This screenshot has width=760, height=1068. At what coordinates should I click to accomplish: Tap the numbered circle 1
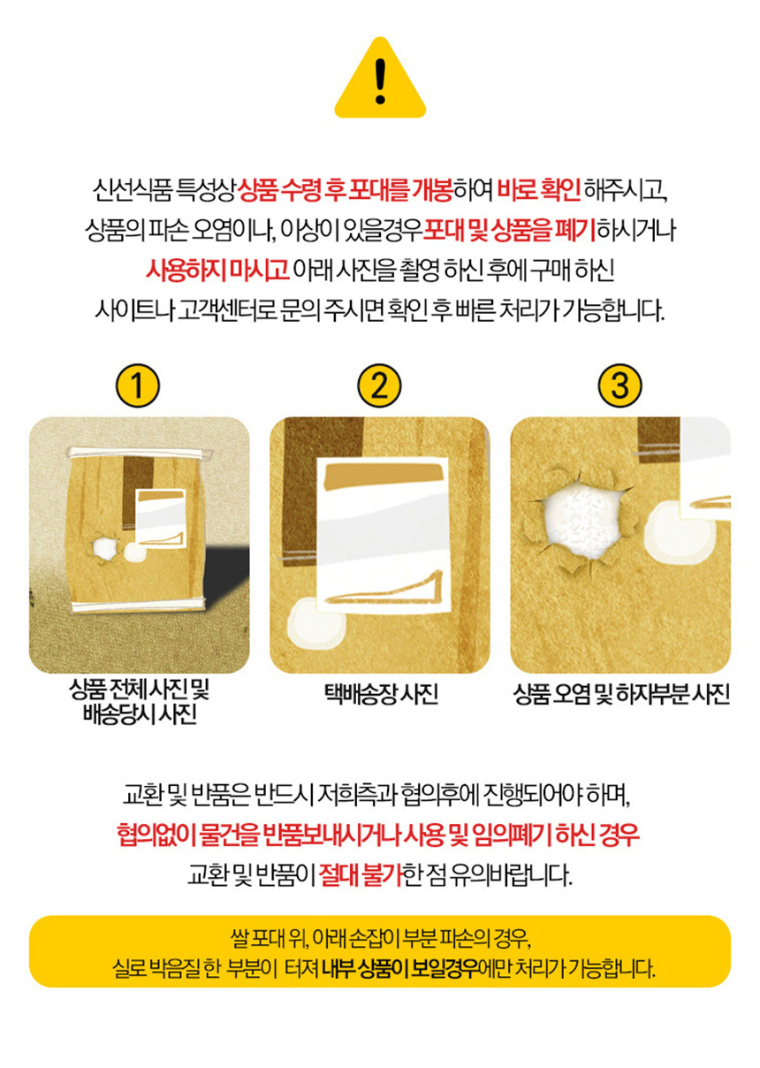pos(138,385)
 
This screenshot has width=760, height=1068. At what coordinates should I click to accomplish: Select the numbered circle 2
pos(379,385)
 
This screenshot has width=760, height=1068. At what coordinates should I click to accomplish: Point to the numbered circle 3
pos(619,385)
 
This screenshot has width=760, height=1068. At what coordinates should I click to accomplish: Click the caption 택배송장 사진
pos(381,694)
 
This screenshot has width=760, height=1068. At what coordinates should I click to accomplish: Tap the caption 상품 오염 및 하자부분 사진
pos(621,694)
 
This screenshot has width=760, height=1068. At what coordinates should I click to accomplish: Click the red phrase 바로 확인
pos(539,190)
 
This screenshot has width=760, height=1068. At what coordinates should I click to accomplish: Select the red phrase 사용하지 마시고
pos(217,270)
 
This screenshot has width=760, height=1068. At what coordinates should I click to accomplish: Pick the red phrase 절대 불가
pos(361,873)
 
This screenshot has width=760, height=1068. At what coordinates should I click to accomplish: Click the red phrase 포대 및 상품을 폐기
pos(509,230)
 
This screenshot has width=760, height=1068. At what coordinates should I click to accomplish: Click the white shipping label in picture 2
pos(384,536)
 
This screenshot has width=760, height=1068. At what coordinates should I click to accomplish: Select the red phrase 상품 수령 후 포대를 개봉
pos(345,190)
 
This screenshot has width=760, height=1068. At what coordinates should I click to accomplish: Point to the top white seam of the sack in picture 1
pos(140,453)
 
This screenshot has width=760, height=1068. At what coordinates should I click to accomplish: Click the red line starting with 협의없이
pos(378,834)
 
